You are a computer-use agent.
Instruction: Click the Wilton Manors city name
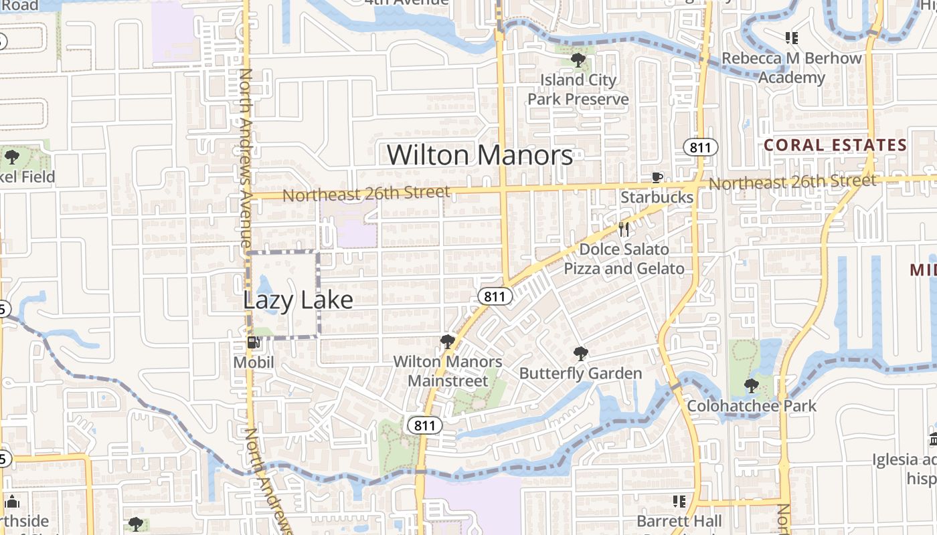click(x=480, y=155)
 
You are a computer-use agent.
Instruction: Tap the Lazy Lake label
click(x=298, y=300)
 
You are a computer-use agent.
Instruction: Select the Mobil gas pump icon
click(x=254, y=343)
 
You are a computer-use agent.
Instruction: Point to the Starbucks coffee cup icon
click(x=657, y=177)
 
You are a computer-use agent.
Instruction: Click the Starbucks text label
click(x=657, y=197)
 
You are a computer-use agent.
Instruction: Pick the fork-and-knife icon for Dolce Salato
click(x=624, y=229)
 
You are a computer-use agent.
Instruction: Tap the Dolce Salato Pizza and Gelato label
click(x=624, y=259)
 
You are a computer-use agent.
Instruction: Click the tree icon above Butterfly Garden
click(x=580, y=354)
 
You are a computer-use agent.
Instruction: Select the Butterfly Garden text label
click(x=580, y=373)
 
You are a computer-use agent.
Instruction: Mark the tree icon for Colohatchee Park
click(x=752, y=386)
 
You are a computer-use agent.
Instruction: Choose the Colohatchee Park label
click(x=752, y=406)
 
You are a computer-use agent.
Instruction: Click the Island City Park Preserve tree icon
click(x=578, y=60)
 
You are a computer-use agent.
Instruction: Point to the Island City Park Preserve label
click(x=578, y=90)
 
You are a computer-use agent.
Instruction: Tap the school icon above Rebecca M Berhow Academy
click(x=792, y=38)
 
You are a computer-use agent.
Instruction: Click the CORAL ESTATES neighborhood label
click(x=835, y=145)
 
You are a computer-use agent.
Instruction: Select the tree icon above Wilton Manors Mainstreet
click(x=448, y=342)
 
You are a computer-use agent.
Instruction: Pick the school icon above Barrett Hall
click(x=679, y=501)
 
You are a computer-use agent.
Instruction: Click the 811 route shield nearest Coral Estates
click(x=700, y=147)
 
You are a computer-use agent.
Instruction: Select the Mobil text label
click(x=254, y=362)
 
